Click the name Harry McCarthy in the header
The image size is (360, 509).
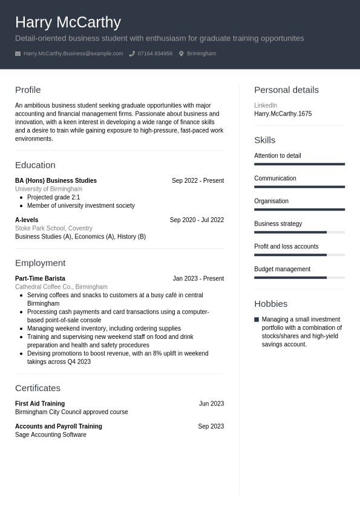coord(68,22)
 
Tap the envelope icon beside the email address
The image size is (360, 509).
coord(18,54)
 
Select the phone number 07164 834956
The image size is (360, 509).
coord(155,53)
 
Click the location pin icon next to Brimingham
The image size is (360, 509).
coord(181,54)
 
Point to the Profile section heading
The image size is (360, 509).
coord(28,90)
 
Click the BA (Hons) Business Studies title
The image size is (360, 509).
coord(56,180)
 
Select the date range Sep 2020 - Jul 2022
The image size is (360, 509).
coord(197,220)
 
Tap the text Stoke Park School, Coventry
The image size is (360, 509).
coord(54,228)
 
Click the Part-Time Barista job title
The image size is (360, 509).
coord(40,278)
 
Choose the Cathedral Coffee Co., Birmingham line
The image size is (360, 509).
coord(61,287)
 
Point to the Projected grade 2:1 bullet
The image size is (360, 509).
coord(53,197)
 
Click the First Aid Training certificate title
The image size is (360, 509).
coord(40,404)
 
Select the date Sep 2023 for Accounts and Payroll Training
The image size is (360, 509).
coord(211,426)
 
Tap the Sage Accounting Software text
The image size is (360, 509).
coord(51,435)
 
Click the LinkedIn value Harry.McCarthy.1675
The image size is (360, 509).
coord(283,114)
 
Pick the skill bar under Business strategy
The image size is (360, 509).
coord(299,232)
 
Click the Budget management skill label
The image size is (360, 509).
coord(282,269)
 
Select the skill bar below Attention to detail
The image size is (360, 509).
coord(299,164)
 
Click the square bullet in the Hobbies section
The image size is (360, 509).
coord(257,320)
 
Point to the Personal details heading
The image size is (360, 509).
coord(286,90)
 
